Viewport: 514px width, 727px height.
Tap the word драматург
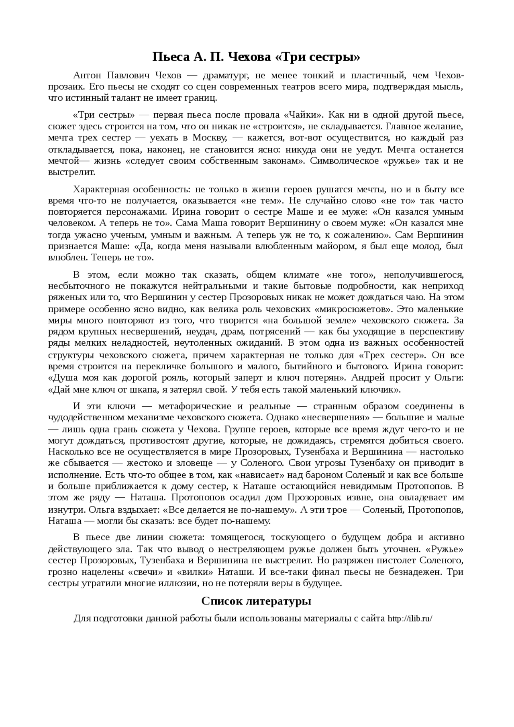click(224, 75)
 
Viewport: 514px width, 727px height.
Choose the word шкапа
click(160, 389)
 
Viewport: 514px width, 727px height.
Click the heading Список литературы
click(256, 601)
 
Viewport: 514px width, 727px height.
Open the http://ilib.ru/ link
click(410, 619)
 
